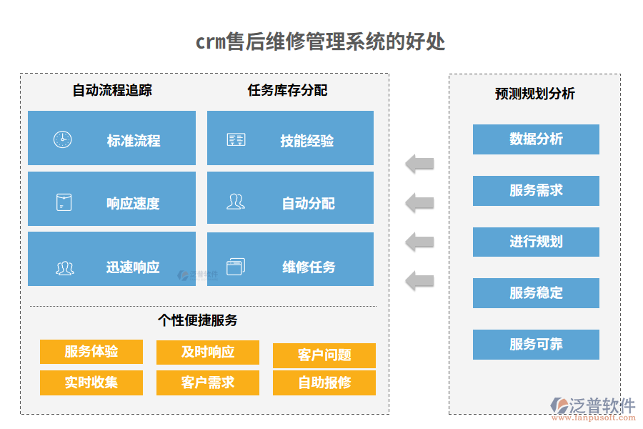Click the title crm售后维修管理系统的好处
point(320,41)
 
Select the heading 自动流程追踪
point(112,90)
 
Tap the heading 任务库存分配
point(287,90)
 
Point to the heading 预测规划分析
point(534,94)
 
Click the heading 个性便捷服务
point(197,320)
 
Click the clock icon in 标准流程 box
point(63,139)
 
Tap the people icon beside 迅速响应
point(65,268)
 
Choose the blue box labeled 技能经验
point(290,138)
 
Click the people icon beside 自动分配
point(236,202)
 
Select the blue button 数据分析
point(536,139)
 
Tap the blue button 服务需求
point(536,190)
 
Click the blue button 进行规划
point(536,242)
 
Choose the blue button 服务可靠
point(536,345)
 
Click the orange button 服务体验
point(91,352)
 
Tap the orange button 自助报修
point(324,383)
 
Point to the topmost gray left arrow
point(419,164)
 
